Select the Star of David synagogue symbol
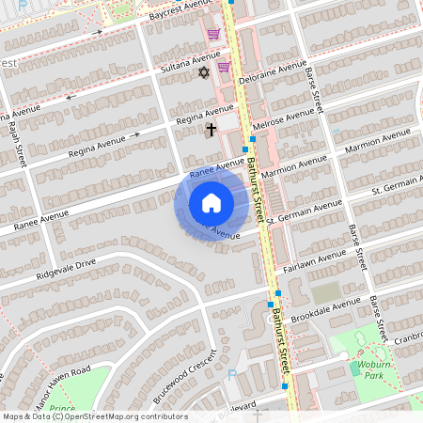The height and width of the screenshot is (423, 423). coord(202,72)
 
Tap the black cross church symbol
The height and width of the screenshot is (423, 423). coord(211,131)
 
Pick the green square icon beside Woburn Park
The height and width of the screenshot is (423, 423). coord(354,369)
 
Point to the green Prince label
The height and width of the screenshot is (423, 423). coord(62,409)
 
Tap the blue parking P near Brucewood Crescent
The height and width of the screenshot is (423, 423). coord(232,374)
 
